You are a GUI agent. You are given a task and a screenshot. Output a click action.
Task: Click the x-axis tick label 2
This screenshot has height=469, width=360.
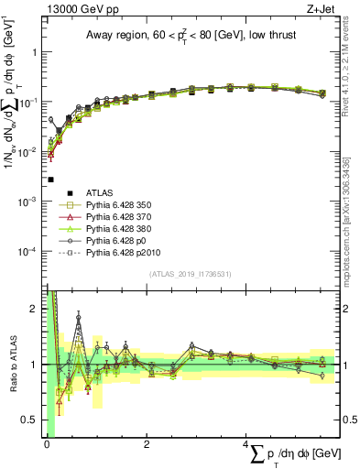click(147, 444)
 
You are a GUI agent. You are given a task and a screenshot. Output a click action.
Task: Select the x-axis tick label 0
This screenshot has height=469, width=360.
click(47, 444)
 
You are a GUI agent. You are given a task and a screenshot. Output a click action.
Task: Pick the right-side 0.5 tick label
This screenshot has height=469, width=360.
click(347, 420)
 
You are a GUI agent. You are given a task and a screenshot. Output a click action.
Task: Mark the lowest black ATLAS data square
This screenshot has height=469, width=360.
click(51, 180)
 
